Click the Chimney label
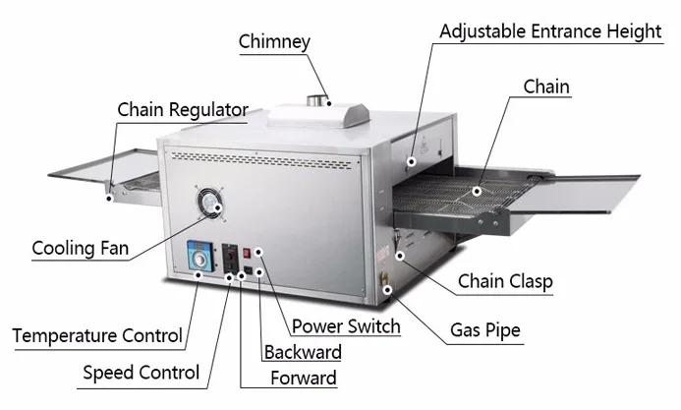pos(274,41)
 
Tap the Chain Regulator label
pos(183,109)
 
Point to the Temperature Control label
pos(97,336)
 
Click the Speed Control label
pos(142,372)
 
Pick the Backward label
pos(303,352)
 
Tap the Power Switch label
pos(345,326)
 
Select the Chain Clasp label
pos(505,282)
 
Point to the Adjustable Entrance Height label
pos(549,31)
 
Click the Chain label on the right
pos(546,88)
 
